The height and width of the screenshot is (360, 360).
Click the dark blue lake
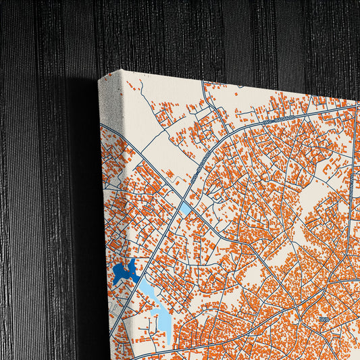pos(126,272)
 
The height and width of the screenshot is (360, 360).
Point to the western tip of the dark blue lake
pos(114,274)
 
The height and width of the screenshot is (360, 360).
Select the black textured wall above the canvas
pos(203,34)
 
